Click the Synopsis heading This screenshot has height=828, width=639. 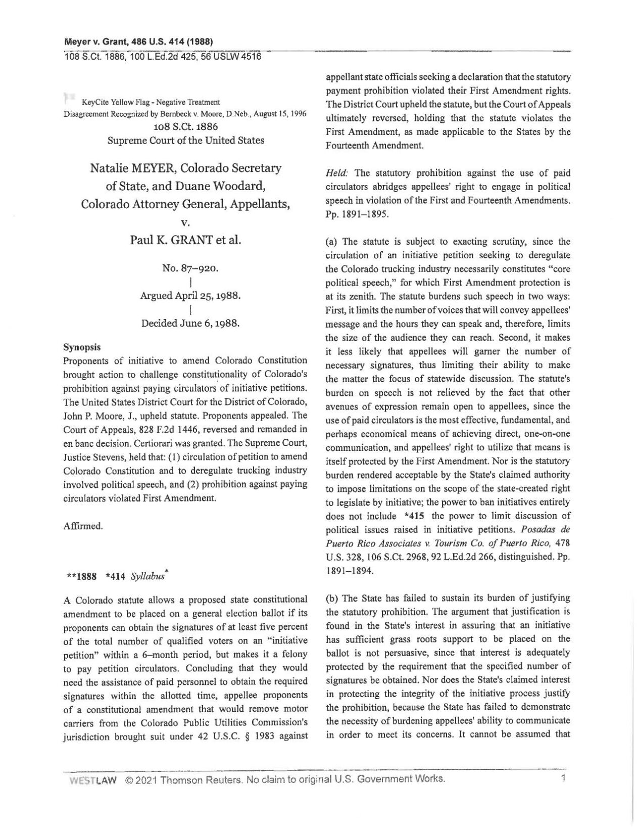click(82, 347)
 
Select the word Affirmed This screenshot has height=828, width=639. click(83, 526)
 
